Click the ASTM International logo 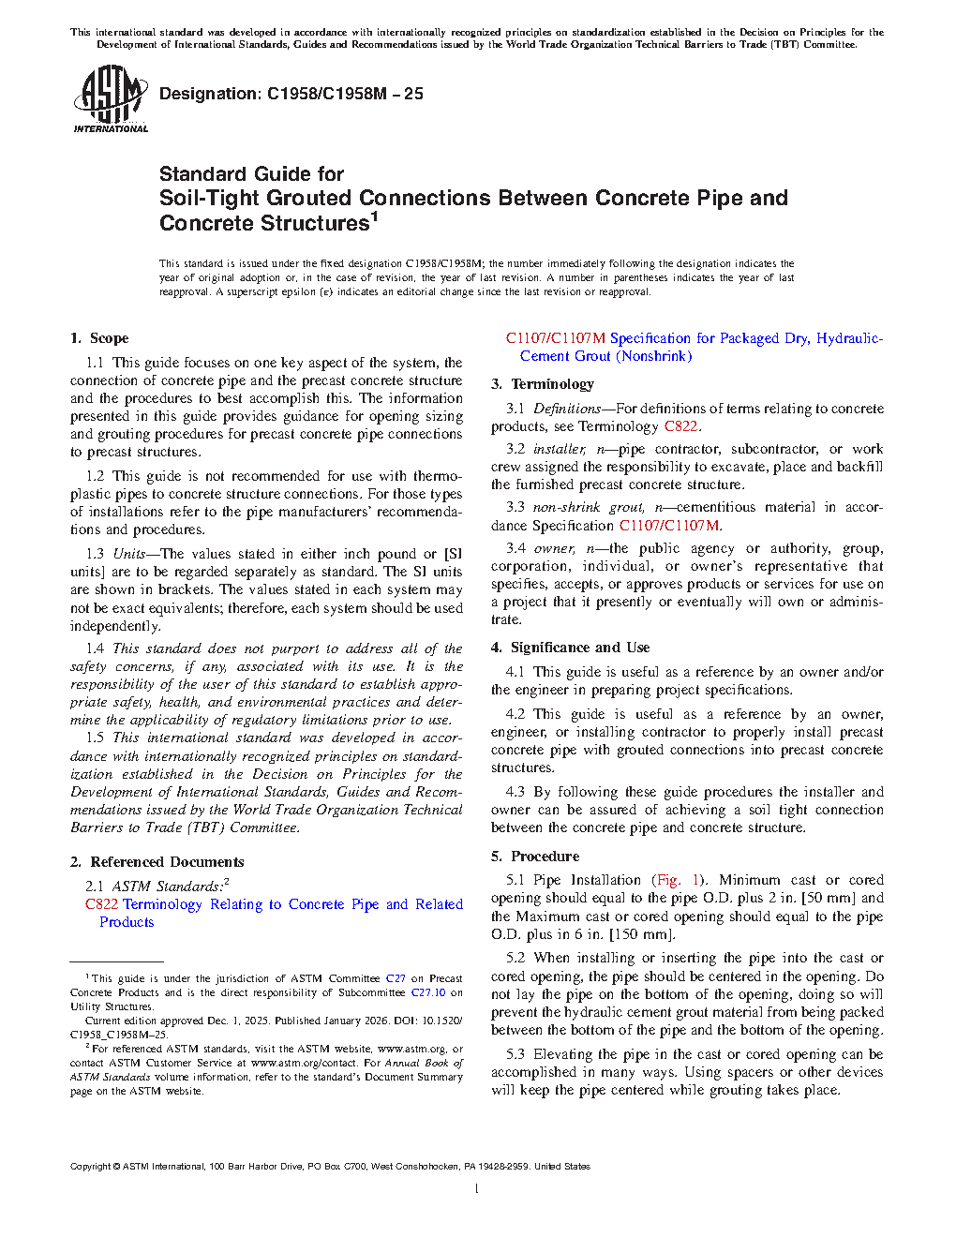click(x=110, y=98)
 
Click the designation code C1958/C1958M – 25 click(x=344, y=94)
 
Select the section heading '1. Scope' click(x=100, y=338)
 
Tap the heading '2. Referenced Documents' click(x=157, y=862)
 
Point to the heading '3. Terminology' click(x=543, y=384)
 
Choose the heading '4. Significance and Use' click(x=570, y=648)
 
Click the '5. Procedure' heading click(x=535, y=857)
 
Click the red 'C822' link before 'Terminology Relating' click(x=101, y=904)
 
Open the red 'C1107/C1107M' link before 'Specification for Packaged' click(x=556, y=338)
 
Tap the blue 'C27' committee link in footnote click(x=396, y=978)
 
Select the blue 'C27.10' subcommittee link click(x=428, y=992)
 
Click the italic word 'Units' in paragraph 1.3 click(x=129, y=554)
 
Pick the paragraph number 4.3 click(x=515, y=792)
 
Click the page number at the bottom click(x=477, y=1189)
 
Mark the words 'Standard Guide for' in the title click(x=251, y=174)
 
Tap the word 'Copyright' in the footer click(x=90, y=1167)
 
